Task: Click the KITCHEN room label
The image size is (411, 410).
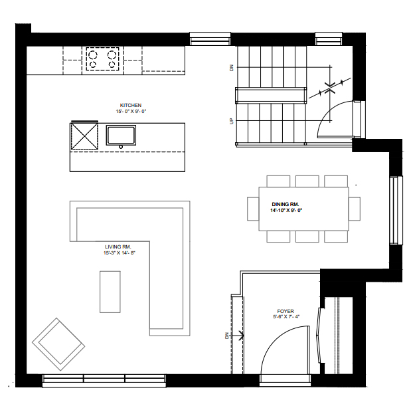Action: pyautogui.click(x=131, y=105)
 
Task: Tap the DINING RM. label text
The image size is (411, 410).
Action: pyautogui.click(x=286, y=204)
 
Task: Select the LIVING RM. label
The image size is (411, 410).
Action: pyautogui.click(x=118, y=247)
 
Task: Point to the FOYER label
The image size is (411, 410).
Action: pyautogui.click(x=286, y=311)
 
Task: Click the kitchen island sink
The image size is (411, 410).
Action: pyautogui.click(x=121, y=136)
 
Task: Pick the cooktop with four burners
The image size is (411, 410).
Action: pyautogui.click(x=102, y=59)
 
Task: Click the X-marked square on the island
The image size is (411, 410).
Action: pyautogui.click(x=84, y=136)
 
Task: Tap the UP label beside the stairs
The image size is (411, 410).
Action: pyautogui.click(x=232, y=121)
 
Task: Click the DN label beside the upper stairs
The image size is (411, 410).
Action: pyautogui.click(x=232, y=68)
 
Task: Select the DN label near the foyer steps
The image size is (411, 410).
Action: pyautogui.click(x=227, y=336)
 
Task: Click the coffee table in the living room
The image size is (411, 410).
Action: pyautogui.click(x=110, y=292)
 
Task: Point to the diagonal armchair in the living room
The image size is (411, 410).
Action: pyautogui.click(x=58, y=344)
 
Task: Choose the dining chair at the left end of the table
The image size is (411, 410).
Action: pyautogui.click(x=253, y=209)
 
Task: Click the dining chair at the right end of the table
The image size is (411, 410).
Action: pyautogui.click(x=355, y=209)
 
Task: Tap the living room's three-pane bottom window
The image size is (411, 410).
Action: pyautogui.click(x=104, y=381)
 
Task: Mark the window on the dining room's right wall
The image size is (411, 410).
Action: pyautogui.click(x=396, y=211)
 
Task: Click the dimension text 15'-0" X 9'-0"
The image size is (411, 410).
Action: pyautogui.click(x=131, y=111)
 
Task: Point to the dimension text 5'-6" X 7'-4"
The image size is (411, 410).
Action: pyautogui.click(x=286, y=317)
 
